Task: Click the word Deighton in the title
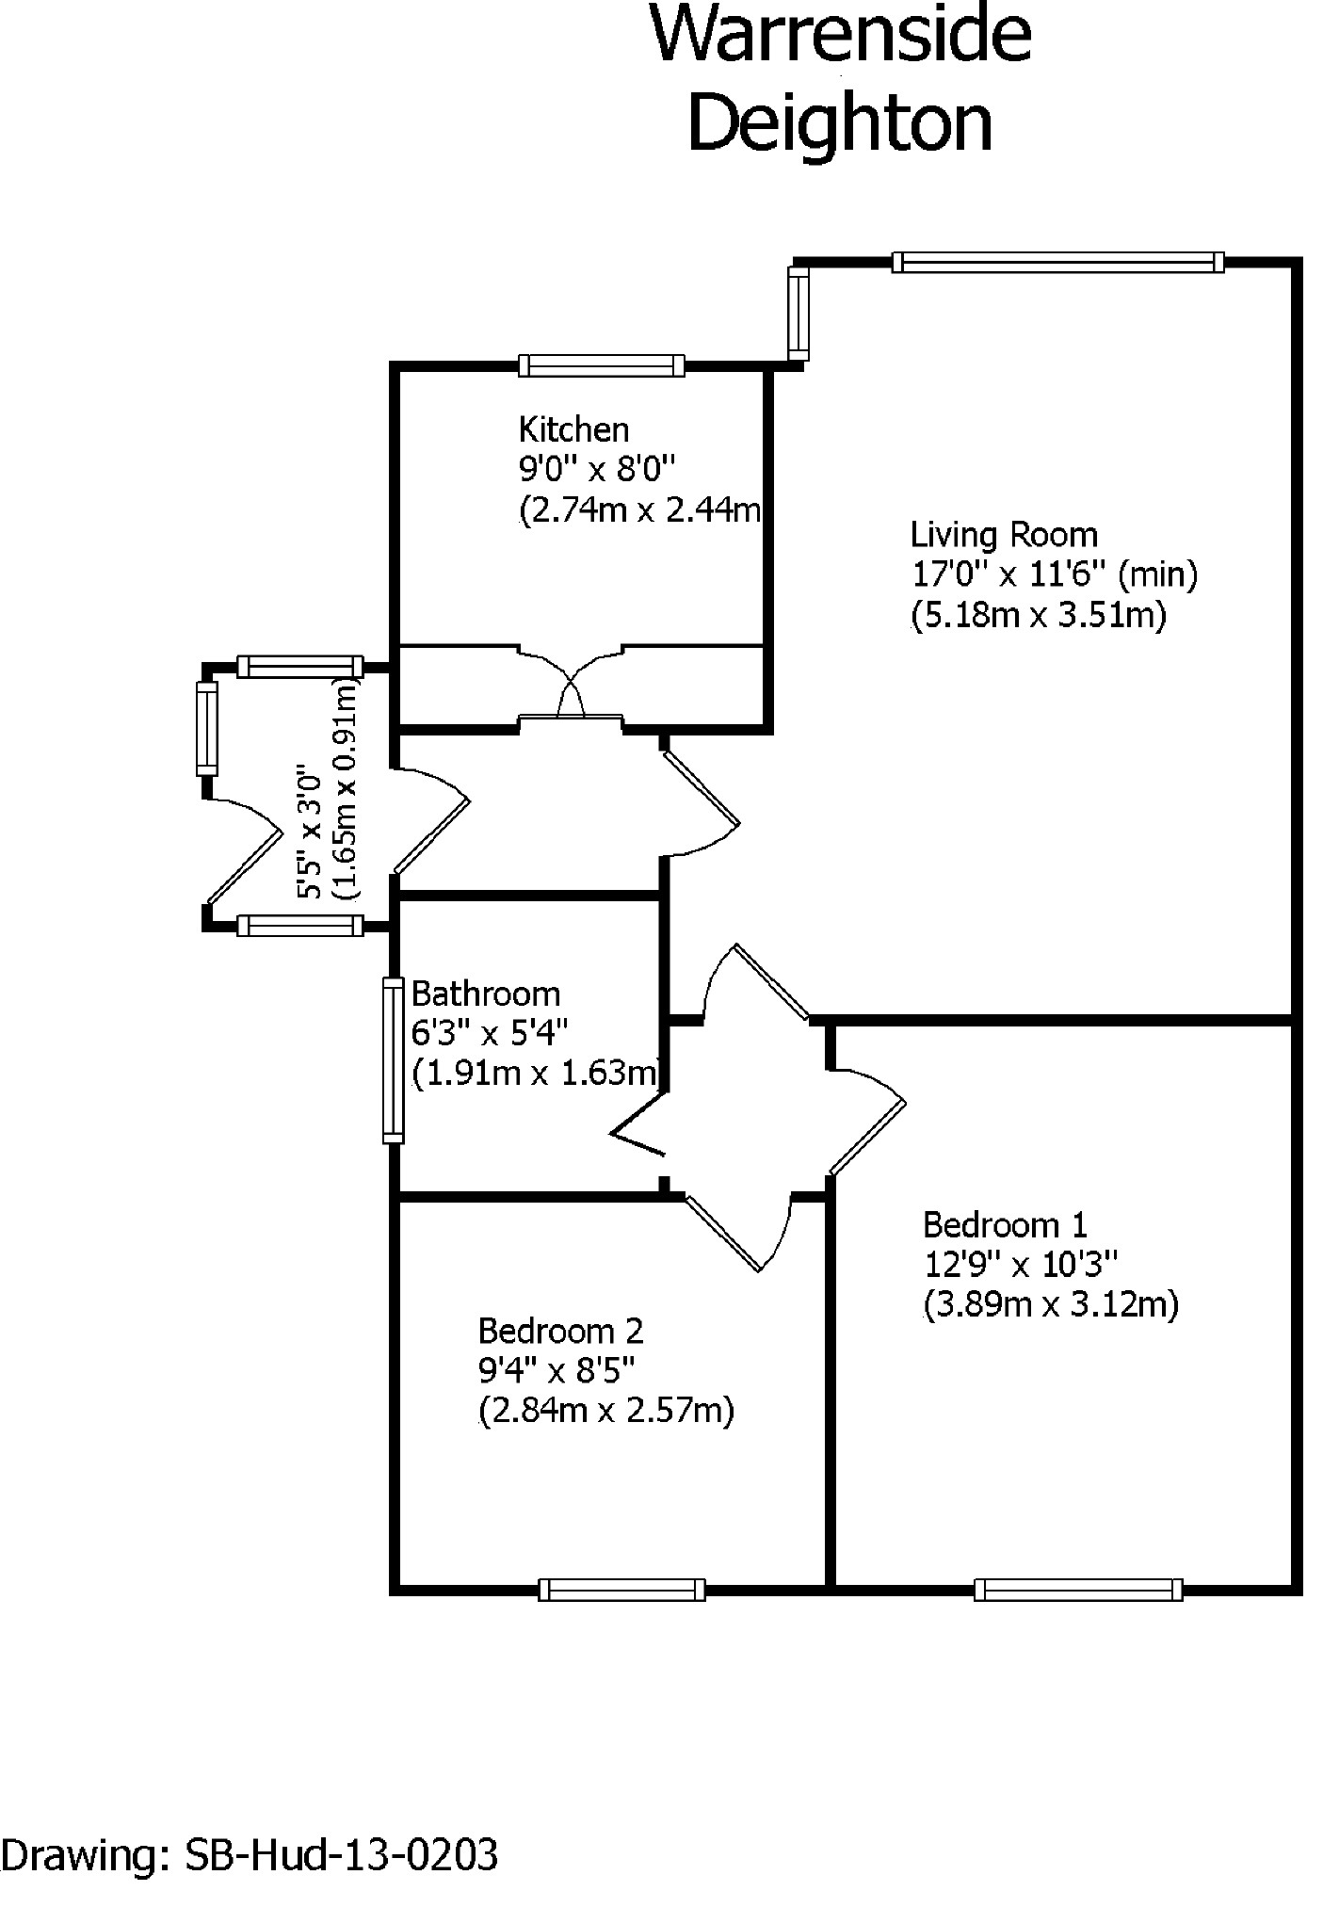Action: click(841, 123)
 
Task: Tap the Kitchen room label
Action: click(573, 429)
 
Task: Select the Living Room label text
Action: click(1004, 535)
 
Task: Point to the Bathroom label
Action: click(486, 994)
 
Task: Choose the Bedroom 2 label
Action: click(560, 1331)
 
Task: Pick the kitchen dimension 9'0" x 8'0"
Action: click(599, 469)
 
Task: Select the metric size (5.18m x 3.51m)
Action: click(1039, 615)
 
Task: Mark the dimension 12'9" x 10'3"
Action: click(1020, 1264)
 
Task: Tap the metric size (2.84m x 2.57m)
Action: click(606, 1411)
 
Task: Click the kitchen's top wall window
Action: click(602, 366)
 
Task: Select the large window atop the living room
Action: click(1057, 262)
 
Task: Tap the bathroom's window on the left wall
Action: click(393, 1060)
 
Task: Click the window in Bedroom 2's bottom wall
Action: click(621, 1590)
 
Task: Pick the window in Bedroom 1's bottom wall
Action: click(1078, 1590)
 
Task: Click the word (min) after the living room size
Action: click(1157, 574)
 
